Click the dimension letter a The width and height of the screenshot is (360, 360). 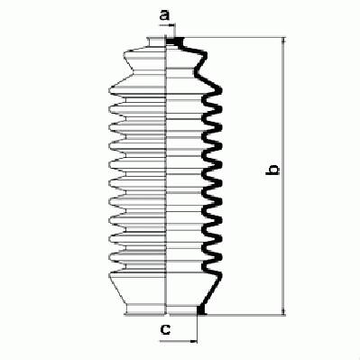click(164, 14)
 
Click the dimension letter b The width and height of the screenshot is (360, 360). click(273, 170)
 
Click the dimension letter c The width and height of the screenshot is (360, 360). click(165, 329)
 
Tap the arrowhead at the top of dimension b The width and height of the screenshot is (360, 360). click(283, 41)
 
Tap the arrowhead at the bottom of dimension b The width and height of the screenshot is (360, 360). click(283, 312)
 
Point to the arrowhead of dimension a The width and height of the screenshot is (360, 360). click(172, 26)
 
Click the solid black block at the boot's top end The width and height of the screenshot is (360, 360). click(175, 42)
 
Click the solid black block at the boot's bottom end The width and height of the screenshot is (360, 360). click(201, 309)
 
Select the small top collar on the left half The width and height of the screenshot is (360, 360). click(156, 42)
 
